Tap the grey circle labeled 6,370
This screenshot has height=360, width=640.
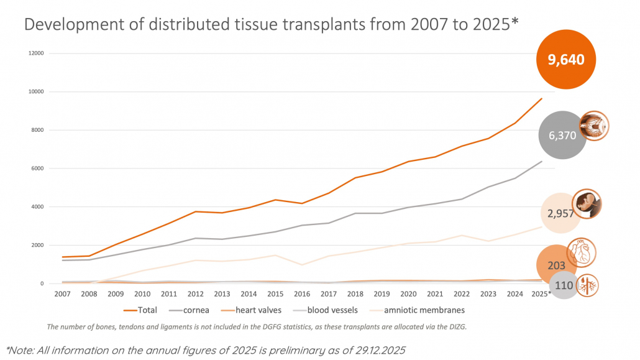pos(562,135)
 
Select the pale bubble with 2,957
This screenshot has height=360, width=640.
pos(561,213)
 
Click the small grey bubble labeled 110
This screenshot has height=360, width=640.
pos(564,285)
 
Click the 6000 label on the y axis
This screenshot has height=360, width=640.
pos(37,168)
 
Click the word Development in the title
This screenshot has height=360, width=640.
pos(71,24)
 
